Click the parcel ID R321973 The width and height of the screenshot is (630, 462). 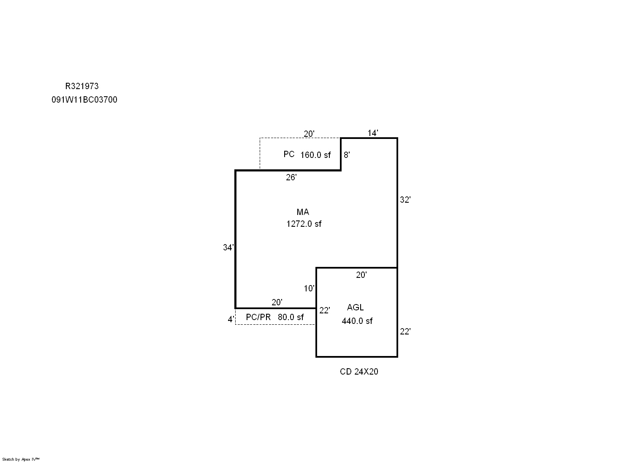(82, 86)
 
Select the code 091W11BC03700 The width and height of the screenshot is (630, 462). (84, 100)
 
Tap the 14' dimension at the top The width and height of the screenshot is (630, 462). (373, 133)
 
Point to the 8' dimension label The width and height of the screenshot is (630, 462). (347, 155)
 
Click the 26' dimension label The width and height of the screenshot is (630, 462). (291, 177)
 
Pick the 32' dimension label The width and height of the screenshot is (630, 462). (405, 200)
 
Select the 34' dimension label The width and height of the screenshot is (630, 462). (228, 247)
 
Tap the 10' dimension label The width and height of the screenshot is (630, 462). (309, 288)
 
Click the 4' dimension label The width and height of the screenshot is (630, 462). (231, 319)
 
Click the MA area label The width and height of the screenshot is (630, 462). (303, 212)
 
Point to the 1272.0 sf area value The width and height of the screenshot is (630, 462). (304, 224)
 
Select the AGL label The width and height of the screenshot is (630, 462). (355, 307)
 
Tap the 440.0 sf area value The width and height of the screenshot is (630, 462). (357, 321)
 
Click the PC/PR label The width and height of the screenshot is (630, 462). (258, 317)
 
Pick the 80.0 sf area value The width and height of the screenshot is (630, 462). (291, 317)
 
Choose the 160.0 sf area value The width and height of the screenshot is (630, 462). (315, 155)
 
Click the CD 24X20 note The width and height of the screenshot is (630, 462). (359, 372)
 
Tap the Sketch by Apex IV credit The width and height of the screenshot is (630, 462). (21, 459)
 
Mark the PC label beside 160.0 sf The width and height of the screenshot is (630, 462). (289, 154)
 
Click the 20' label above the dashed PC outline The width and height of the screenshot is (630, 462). (309, 133)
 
